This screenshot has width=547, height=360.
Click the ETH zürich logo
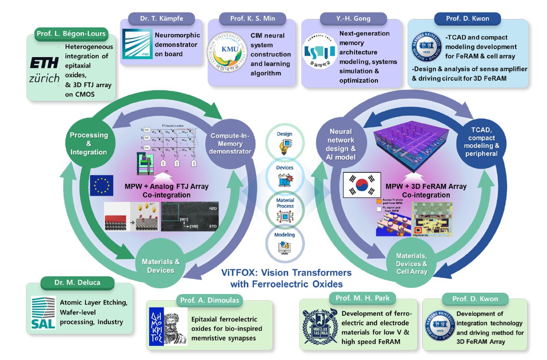pyautogui.click(x=44, y=70)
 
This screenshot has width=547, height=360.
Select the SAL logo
pyautogui.click(x=43, y=312)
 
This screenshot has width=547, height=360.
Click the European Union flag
pyautogui.click(x=101, y=185)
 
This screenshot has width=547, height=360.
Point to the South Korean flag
pyautogui.click(x=362, y=185)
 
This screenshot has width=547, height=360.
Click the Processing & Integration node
pyautogui.click(x=89, y=143)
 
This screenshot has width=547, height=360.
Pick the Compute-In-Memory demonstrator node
pyautogui.click(x=230, y=144)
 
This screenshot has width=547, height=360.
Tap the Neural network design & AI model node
pyautogui.click(x=340, y=144)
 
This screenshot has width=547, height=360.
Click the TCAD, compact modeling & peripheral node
pyautogui.click(x=482, y=142)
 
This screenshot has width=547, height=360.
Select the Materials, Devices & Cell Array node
pyautogui.click(x=412, y=264)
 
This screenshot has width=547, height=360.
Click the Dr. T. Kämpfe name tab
pyautogui.click(x=162, y=19)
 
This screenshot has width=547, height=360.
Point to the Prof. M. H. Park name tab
pyautogui.click(x=362, y=298)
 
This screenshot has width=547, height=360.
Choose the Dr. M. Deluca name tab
pyautogui.click(x=77, y=283)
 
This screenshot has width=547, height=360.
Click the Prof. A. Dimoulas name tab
pyautogui.click(x=209, y=300)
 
